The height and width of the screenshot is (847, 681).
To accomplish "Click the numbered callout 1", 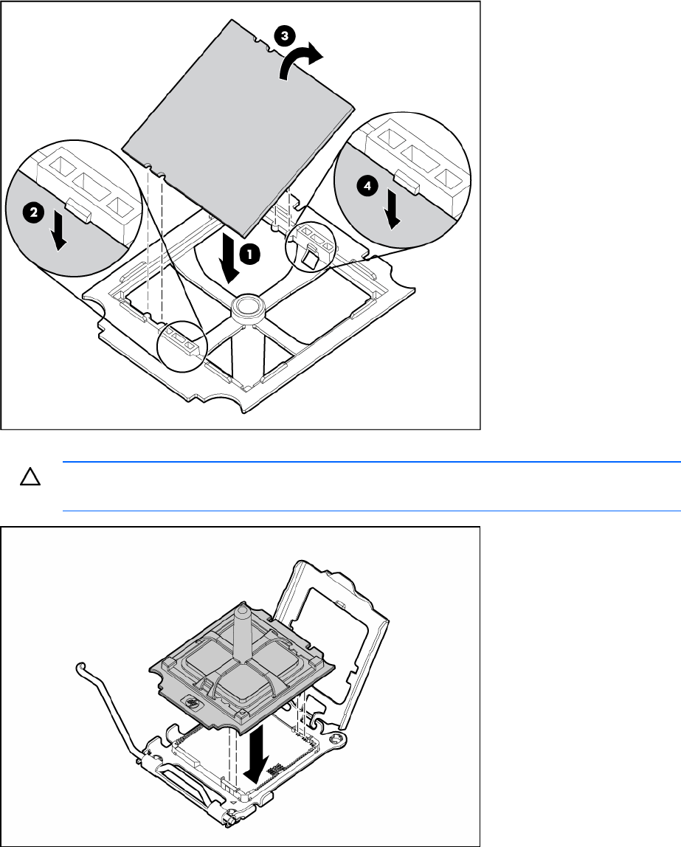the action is (x=249, y=254).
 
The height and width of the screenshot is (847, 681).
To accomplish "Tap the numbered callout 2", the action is (x=33, y=212).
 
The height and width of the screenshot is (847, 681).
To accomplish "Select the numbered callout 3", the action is (x=284, y=36).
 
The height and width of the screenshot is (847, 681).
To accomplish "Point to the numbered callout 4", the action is (x=367, y=187).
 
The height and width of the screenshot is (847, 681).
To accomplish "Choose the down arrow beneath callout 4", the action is (x=393, y=211).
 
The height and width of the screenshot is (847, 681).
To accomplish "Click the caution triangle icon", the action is (x=30, y=477).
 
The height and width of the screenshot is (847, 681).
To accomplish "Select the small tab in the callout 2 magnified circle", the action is (x=79, y=210).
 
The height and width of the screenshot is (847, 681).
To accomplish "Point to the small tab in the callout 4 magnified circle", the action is (x=407, y=181).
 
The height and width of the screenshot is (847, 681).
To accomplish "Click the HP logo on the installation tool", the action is (x=192, y=703).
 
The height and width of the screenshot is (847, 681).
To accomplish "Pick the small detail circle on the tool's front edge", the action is (x=182, y=346).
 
